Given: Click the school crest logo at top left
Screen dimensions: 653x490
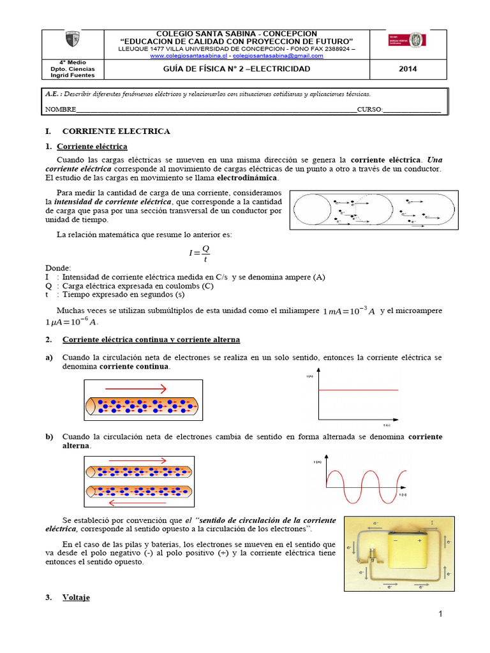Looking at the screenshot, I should [x=72, y=40].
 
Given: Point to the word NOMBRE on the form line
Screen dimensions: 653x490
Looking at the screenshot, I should [x=60, y=110].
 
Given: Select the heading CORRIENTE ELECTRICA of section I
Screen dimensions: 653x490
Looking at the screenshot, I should [x=116, y=131].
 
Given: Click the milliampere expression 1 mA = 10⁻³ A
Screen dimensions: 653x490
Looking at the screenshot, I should [x=349, y=311].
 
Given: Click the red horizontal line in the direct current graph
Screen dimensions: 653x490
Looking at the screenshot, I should [x=359, y=389].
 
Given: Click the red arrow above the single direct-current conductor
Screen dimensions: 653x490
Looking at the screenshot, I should [x=136, y=388].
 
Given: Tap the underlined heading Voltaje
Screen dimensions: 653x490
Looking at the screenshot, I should [x=76, y=598].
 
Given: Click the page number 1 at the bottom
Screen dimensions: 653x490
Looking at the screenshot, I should [x=440, y=613].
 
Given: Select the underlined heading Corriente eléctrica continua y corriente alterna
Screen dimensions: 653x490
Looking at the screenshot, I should [x=151, y=340].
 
